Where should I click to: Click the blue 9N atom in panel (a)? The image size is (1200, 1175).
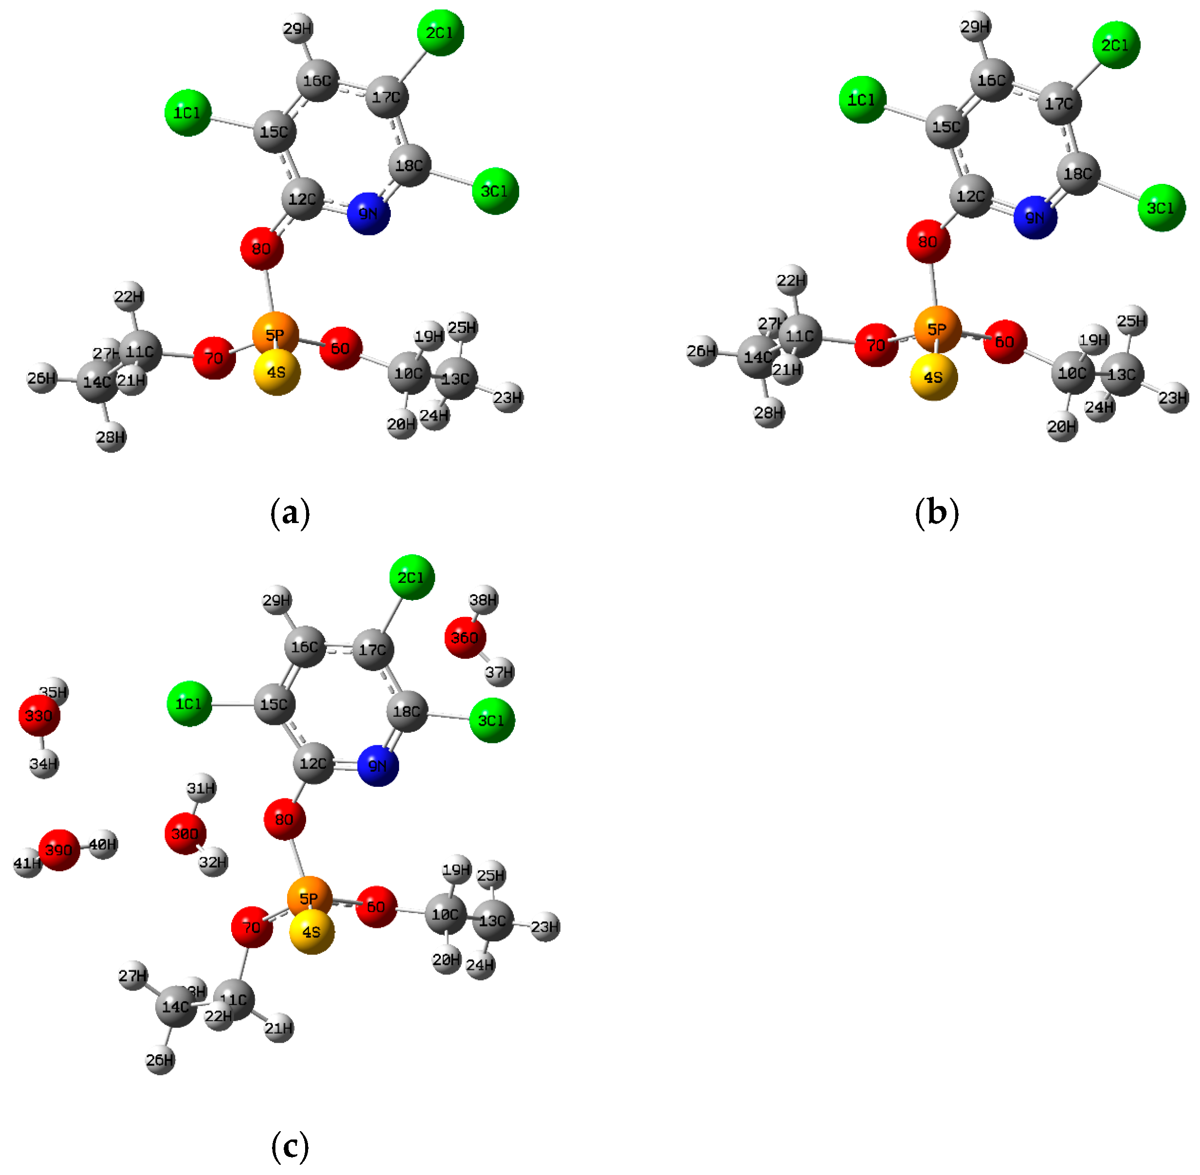pyautogui.click(x=368, y=214)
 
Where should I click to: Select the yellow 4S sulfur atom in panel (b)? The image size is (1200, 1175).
pyautogui.click(x=933, y=377)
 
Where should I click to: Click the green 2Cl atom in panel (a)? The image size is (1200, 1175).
pyautogui.click(x=440, y=33)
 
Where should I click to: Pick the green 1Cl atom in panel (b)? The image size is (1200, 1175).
pyautogui.click(x=862, y=100)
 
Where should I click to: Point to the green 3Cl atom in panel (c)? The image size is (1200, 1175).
pyautogui.click(x=492, y=720)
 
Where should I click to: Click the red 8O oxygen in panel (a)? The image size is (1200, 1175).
pyautogui.click(x=262, y=249)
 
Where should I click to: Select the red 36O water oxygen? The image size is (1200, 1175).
pyautogui.click(x=465, y=637)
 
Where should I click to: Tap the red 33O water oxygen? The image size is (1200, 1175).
pyautogui.click(x=39, y=716)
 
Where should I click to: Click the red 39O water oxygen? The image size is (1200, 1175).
pyautogui.click(x=59, y=850)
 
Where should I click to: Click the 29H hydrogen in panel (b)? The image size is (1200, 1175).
pyautogui.click(x=975, y=27)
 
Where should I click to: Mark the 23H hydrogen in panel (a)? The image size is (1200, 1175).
pyautogui.click(x=508, y=398)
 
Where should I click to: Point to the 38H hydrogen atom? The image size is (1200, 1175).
pyautogui.click(x=483, y=600)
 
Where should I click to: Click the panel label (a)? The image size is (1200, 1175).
pyautogui.click(x=290, y=513)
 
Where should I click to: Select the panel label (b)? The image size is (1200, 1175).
pyautogui.click(x=936, y=513)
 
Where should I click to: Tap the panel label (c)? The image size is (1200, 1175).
pyautogui.click(x=290, y=1146)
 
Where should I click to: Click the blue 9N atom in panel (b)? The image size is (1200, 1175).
pyautogui.click(x=1035, y=217)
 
